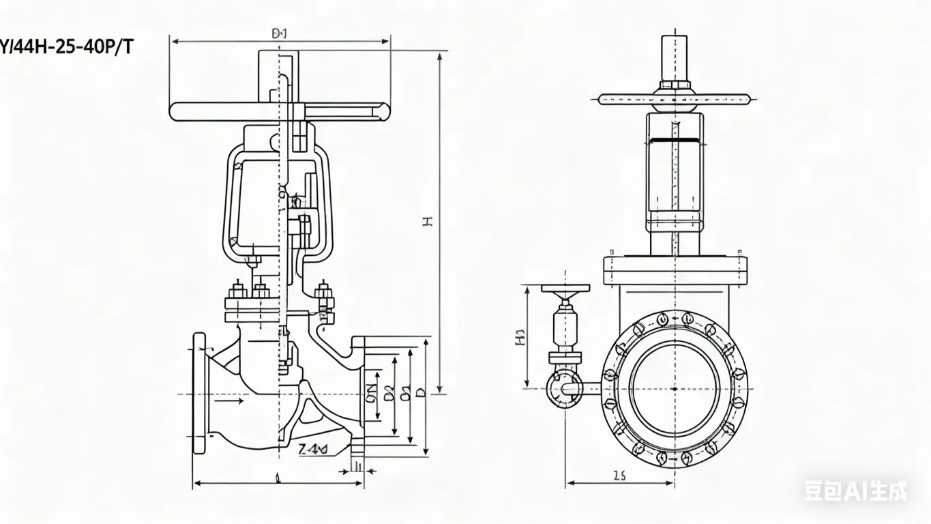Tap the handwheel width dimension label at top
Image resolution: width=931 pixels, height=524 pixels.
pyautogui.click(x=280, y=33)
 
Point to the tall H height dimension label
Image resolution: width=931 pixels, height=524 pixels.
pyautogui.click(x=428, y=220)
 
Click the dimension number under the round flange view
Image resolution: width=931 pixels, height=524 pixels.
pyautogui.click(x=619, y=476)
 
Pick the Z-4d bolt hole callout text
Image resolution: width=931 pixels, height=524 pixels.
pyautogui.click(x=313, y=448)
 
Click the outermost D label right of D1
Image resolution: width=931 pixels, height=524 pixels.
pyautogui.click(x=421, y=394)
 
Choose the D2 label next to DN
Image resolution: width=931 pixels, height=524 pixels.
pyautogui.click(x=389, y=394)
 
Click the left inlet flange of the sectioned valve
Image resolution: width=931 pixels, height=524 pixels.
pyautogui.click(x=199, y=393)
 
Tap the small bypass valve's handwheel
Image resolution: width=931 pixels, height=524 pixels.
pyautogui.click(x=565, y=289)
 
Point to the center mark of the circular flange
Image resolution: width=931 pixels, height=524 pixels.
pyautogui.click(x=675, y=389)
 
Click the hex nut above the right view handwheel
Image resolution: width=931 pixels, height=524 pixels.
pyautogui.click(x=674, y=86)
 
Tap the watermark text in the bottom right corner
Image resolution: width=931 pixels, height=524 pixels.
pyautogui.click(x=855, y=491)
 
